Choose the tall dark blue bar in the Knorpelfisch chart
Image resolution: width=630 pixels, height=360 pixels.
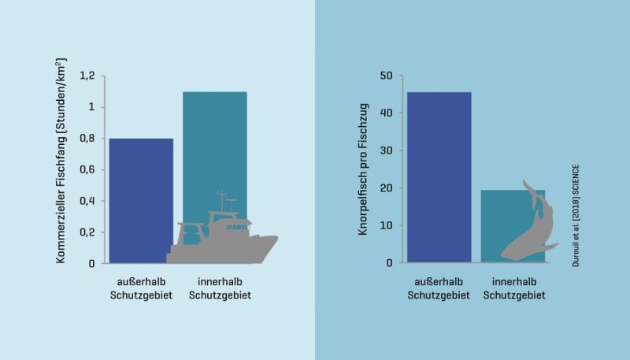[x=439, y=177]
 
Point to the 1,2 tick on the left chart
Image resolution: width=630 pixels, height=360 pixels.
[x=88, y=76]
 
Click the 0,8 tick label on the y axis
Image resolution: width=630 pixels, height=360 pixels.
[x=88, y=138]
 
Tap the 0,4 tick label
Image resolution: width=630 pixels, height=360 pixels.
[x=88, y=201]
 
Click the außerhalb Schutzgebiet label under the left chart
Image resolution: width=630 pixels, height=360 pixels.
[x=141, y=288]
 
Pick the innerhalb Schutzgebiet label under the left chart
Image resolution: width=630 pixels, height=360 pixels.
[x=215, y=288]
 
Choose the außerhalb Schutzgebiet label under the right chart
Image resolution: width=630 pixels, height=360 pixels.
[x=439, y=288]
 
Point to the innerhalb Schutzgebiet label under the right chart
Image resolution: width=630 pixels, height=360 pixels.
[x=513, y=288]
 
